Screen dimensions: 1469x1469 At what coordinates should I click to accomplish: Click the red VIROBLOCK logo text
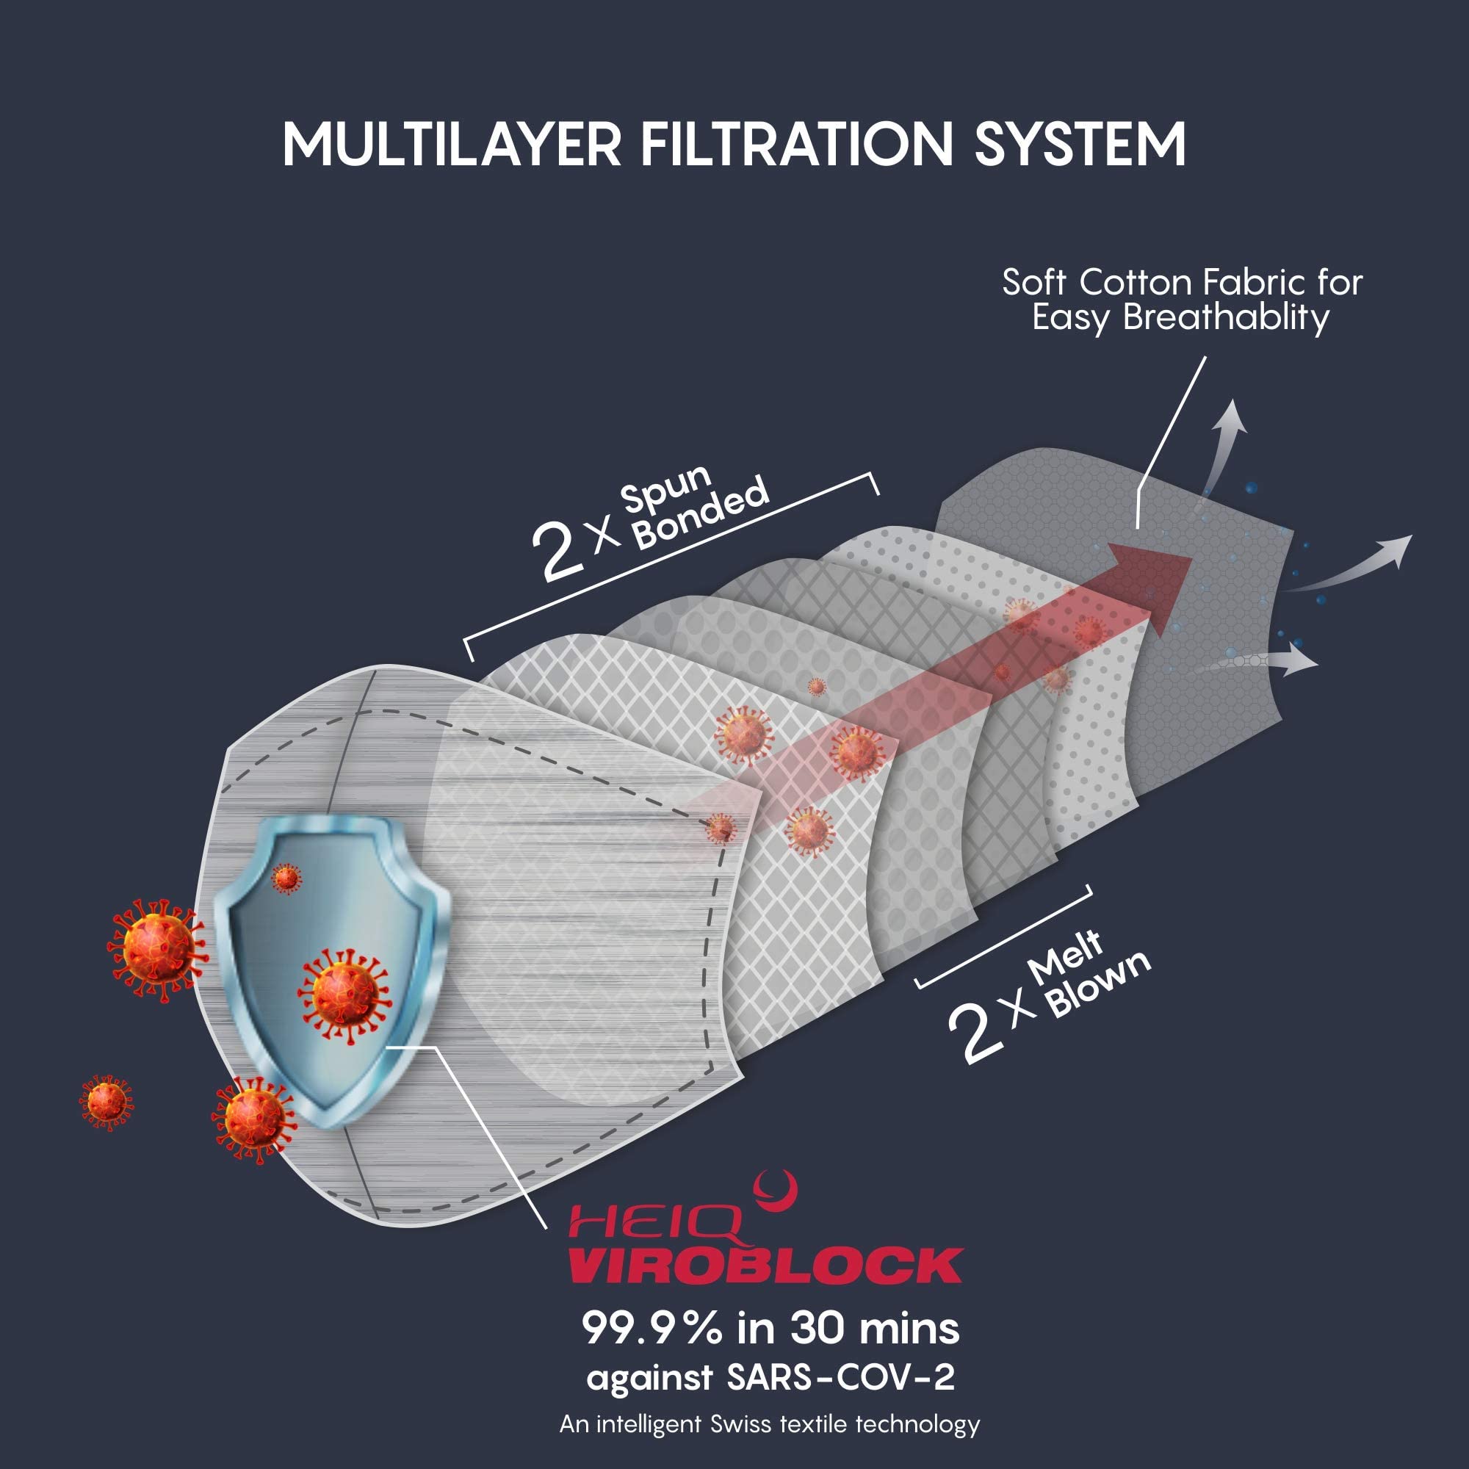(765, 1266)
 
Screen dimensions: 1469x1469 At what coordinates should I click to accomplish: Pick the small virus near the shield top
(286, 878)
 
